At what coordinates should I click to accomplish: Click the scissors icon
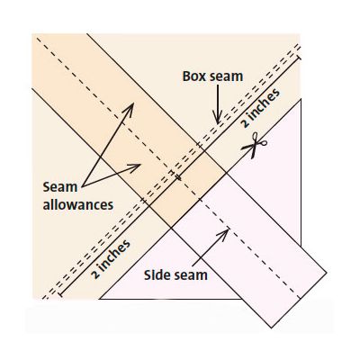255,145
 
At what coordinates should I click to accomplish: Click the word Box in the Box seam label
194,76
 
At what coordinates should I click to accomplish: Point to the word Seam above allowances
60,187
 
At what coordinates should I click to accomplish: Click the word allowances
78,205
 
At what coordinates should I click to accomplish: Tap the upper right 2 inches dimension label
260,108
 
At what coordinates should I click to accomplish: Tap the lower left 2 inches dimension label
111,259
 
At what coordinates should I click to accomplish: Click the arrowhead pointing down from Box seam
218,118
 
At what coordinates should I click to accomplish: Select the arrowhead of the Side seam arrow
223,234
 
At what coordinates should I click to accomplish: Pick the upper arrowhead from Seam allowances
129,109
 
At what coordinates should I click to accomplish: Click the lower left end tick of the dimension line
60,294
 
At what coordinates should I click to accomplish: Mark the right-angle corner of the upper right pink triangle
301,100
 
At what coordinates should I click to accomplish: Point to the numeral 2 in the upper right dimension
246,123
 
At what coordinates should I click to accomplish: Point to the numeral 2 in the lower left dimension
96,274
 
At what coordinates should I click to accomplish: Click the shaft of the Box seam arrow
218,102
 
